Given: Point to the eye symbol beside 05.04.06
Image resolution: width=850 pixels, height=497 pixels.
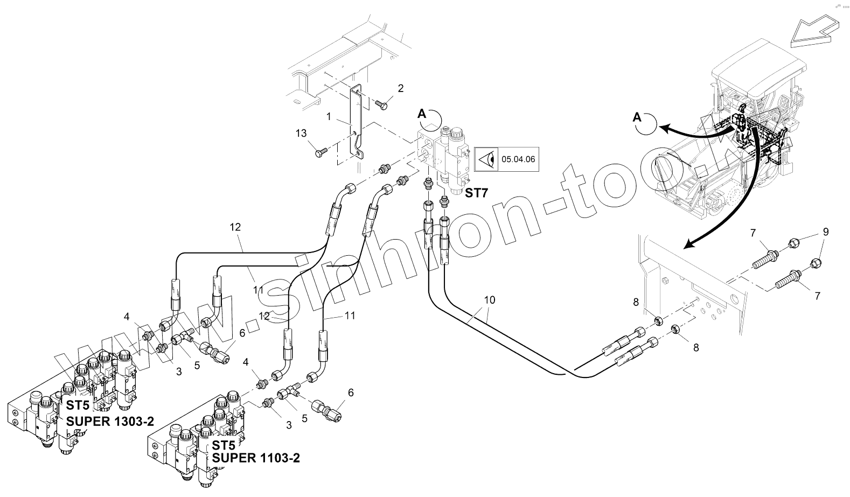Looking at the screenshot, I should (x=487, y=159).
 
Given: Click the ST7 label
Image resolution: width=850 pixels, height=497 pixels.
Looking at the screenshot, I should (x=476, y=192).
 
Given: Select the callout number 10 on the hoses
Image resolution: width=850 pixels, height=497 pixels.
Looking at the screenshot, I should (x=489, y=299).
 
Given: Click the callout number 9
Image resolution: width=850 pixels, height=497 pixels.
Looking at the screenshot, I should (x=825, y=232).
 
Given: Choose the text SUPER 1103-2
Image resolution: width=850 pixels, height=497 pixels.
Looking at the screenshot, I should (x=256, y=458).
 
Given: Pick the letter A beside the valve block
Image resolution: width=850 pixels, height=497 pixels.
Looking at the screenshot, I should (x=422, y=114).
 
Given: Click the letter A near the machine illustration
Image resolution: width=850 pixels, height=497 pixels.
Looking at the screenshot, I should (x=637, y=116).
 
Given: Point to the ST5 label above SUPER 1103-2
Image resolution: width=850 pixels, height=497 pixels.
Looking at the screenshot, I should (x=223, y=446).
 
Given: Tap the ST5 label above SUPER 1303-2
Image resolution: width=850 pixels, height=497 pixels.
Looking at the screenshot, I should (x=77, y=405).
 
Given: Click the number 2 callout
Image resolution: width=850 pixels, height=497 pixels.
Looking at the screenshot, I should (x=401, y=88).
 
